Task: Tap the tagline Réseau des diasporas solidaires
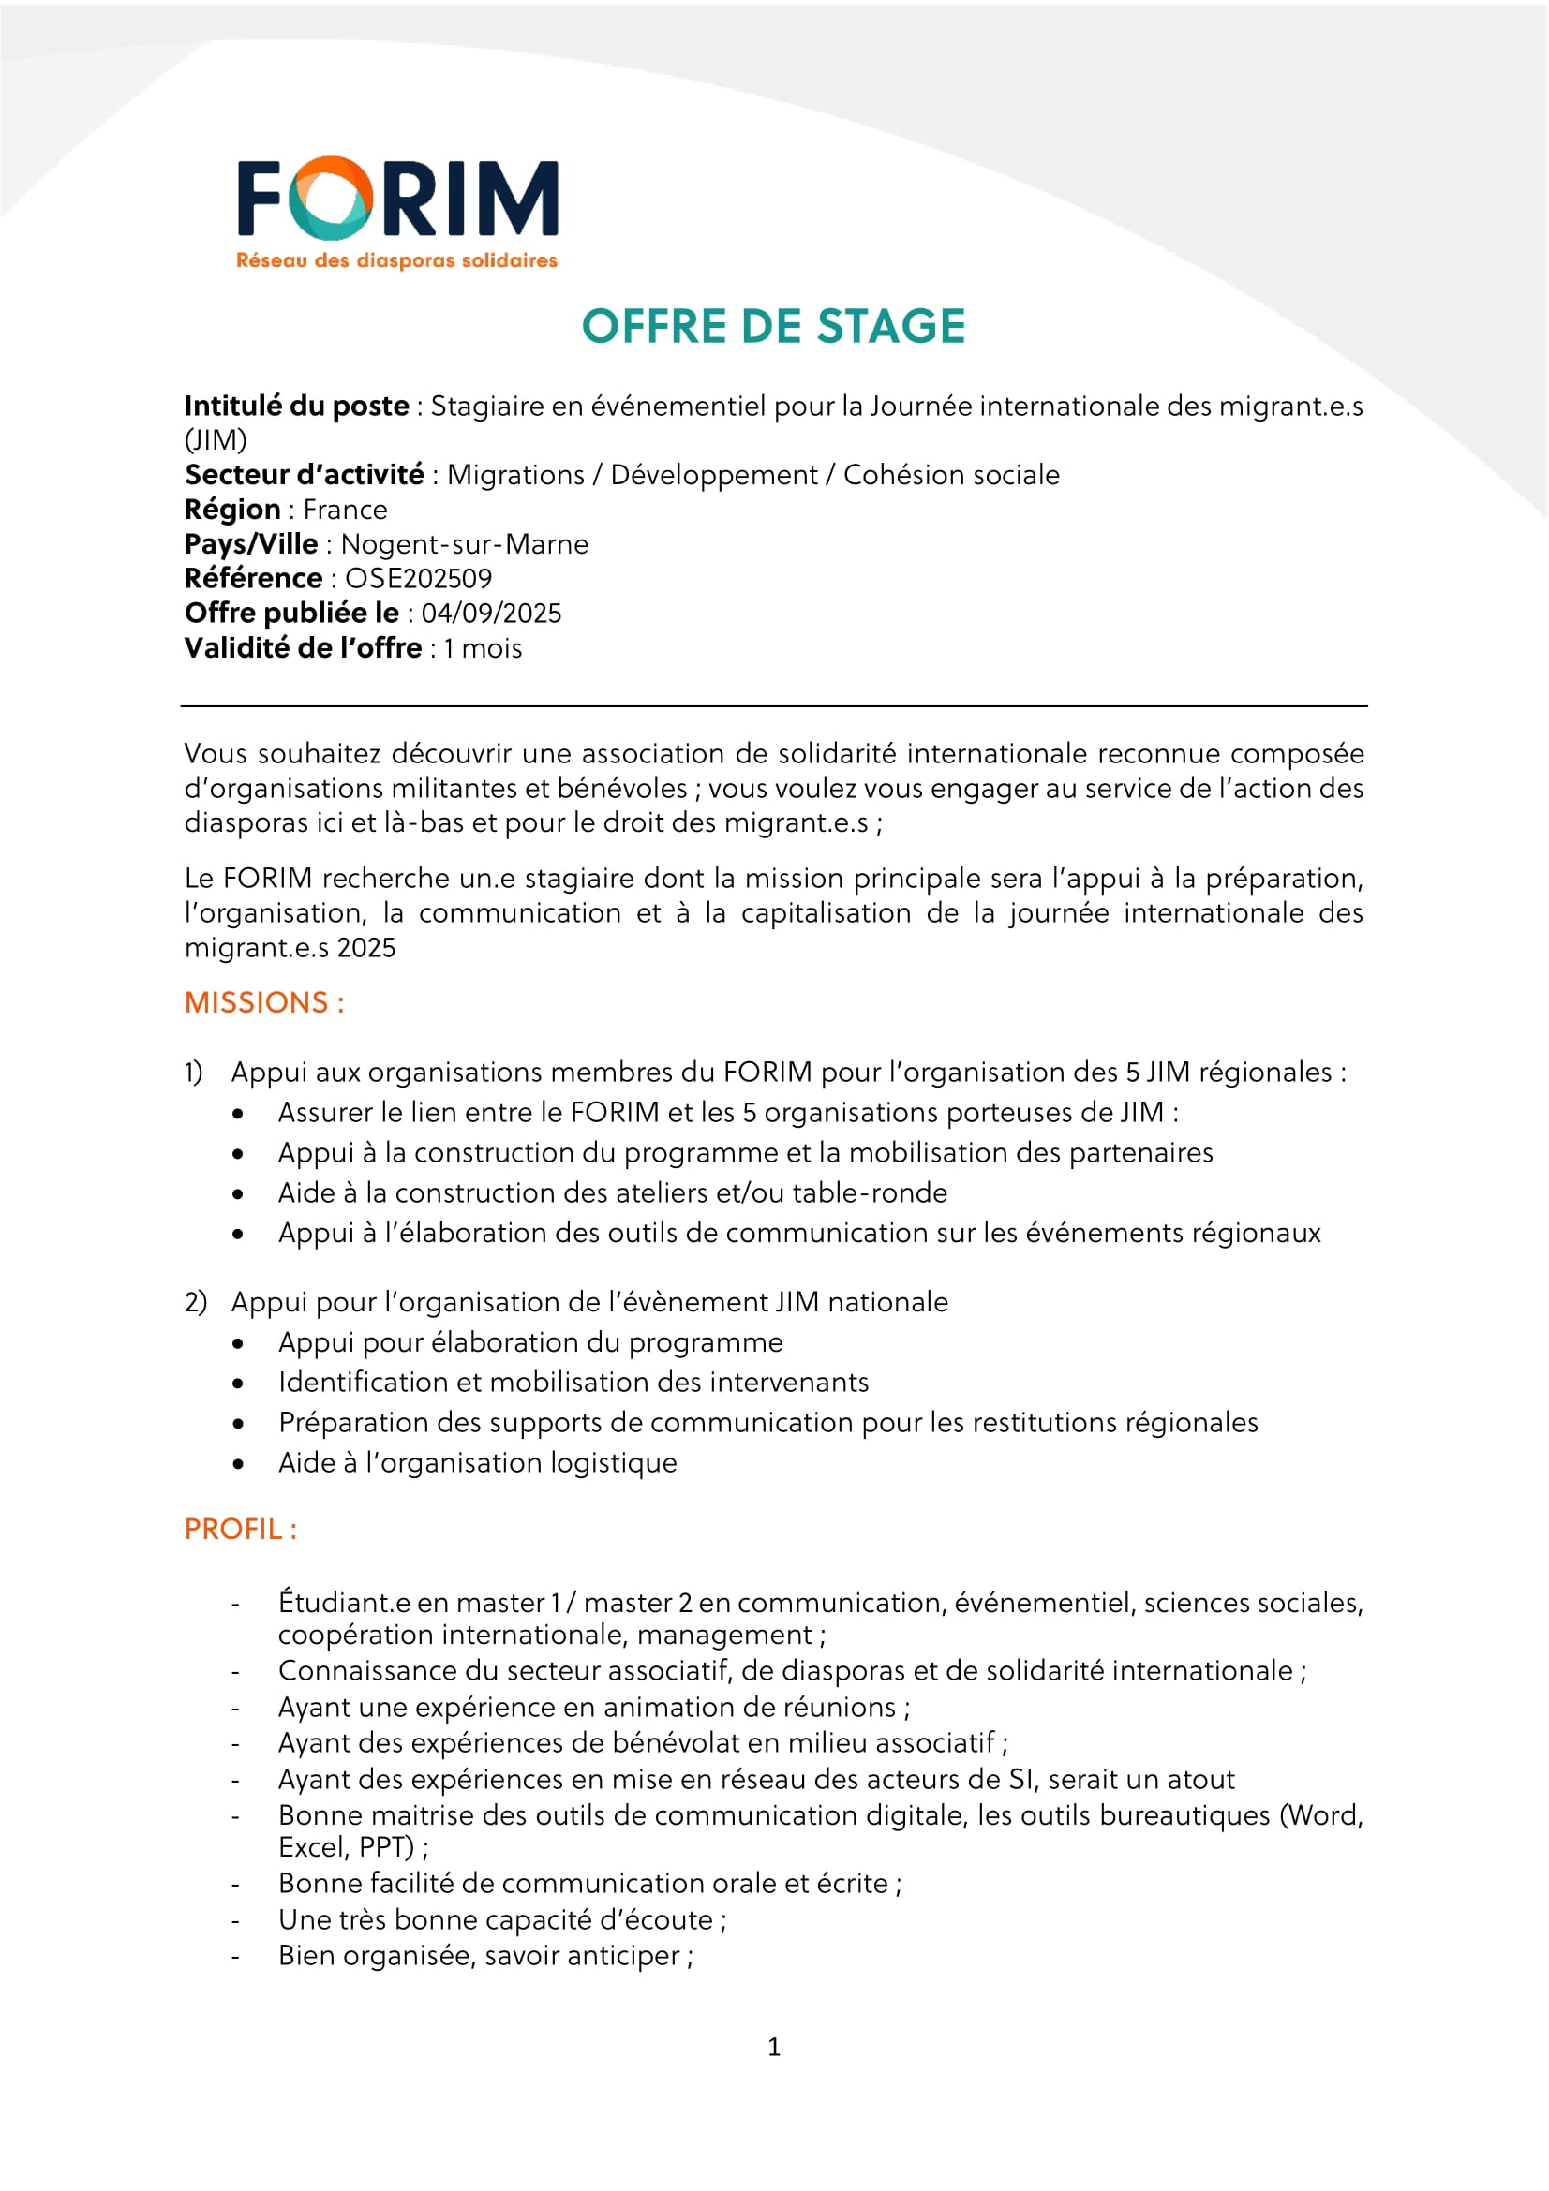click(396, 260)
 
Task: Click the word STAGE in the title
click(891, 326)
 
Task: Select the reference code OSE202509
click(418, 578)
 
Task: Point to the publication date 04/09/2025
click(491, 613)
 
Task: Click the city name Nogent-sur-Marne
click(464, 544)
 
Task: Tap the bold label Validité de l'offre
click(303, 648)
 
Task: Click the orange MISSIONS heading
click(263, 1002)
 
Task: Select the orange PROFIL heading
click(241, 1529)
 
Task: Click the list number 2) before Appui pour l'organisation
click(196, 1302)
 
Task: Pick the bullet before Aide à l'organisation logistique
click(238, 1463)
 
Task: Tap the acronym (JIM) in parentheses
click(216, 440)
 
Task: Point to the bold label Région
click(231, 510)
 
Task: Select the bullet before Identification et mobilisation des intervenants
click(238, 1383)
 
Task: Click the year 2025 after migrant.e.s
click(365, 948)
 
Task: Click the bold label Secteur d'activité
click(304, 474)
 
